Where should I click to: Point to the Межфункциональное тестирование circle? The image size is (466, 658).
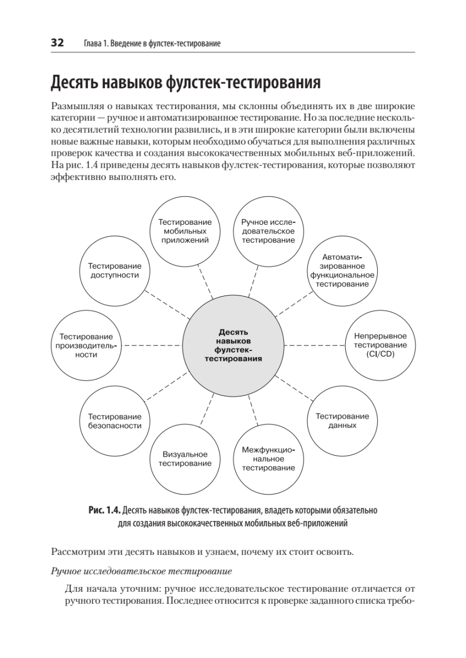point(268,459)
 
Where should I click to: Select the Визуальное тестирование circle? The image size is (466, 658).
point(185,459)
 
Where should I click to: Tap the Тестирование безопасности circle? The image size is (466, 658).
point(115,421)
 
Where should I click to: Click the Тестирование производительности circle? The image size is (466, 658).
point(86,345)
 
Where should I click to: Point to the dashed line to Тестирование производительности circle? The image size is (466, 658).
point(151,345)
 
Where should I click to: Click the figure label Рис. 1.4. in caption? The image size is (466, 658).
point(104,510)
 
